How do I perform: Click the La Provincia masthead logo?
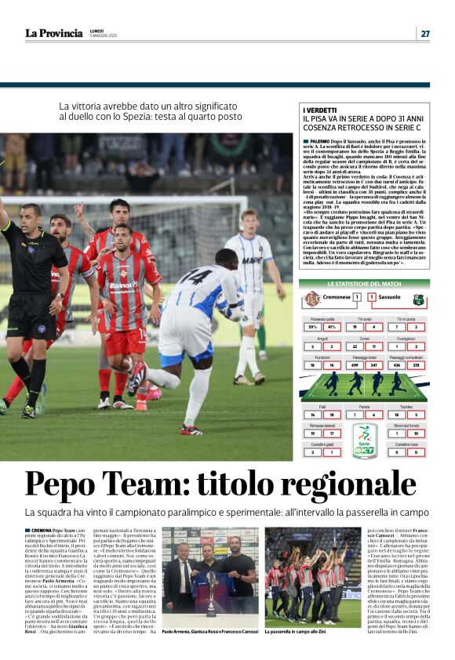(x=53, y=33)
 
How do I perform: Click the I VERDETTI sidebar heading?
(x=320, y=111)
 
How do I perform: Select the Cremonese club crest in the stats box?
(x=312, y=299)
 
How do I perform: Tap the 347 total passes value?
(x=376, y=364)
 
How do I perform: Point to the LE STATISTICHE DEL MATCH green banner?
(x=365, y=283)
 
